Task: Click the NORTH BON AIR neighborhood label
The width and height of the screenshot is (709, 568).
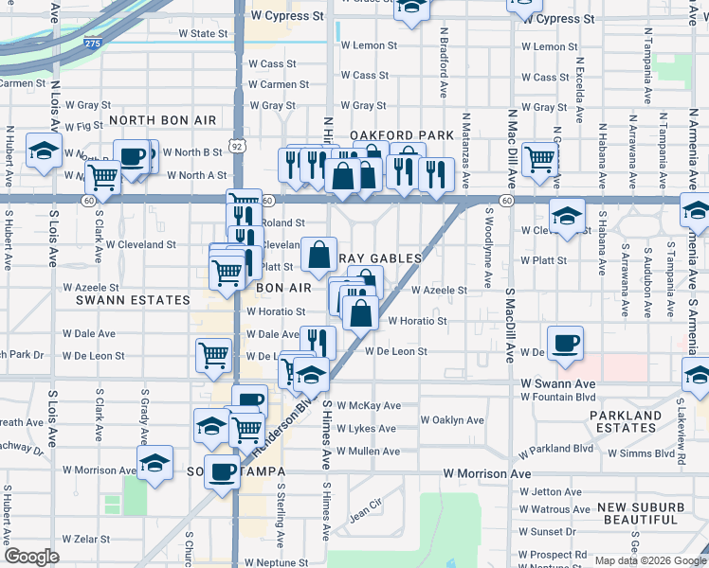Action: (x=162, y=120)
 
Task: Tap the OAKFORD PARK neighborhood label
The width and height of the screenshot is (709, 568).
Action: (x=402, y=135)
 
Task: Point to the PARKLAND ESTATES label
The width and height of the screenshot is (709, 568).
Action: (x=626, y=421)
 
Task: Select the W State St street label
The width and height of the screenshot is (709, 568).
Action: (x=204, y=33)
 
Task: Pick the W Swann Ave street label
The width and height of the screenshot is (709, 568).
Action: (x=557, y=383)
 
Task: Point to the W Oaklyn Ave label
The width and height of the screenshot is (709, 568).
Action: (x=452, y=420)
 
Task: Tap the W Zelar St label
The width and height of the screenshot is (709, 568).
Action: (x=86, y=539)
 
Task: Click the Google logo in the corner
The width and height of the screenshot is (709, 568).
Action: (x=31, y=557)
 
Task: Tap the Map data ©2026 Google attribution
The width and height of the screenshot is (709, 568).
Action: (x=649, y=560)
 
